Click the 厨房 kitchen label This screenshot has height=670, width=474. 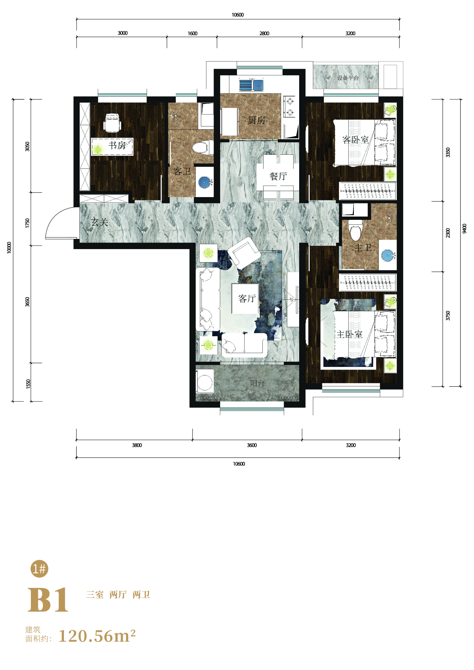(x=256, y=120)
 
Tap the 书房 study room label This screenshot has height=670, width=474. (x=117, y=145)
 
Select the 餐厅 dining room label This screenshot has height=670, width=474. (x=278, y=176)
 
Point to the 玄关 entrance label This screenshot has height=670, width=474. (x=100, y=222)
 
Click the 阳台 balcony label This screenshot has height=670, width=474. (x=257, y=383)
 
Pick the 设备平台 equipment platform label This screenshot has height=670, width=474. (x=348, y=78)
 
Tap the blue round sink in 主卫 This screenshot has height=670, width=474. (x=388, y=255)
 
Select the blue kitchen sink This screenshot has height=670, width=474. (x=251, y=85)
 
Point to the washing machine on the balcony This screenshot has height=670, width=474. (x=205, y=381)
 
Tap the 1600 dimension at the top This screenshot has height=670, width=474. (x=193, y=34)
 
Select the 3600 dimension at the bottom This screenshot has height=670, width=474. (x=252, y=445)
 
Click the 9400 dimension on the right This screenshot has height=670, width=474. (x=464, y=228)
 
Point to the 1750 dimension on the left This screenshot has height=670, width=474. (x=27, y=223)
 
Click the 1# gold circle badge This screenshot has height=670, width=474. (x=39, y=569)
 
